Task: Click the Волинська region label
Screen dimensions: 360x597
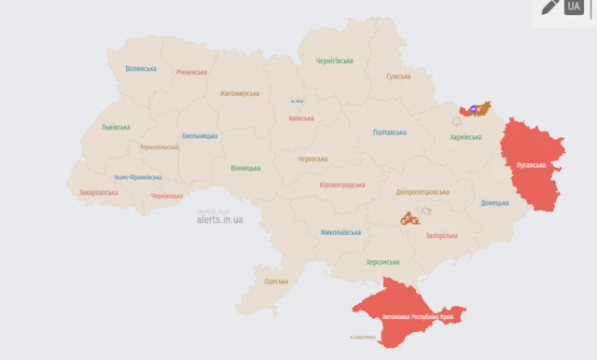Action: coord(141,68)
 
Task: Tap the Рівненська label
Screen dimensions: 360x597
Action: coord(191,72)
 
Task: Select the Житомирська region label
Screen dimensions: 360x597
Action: coord(241,93)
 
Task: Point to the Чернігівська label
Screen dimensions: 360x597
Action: coord(334,61)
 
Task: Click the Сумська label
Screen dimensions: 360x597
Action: coord(398,76)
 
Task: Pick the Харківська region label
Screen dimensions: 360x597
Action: coord(465,137)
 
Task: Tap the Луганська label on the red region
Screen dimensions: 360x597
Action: coord(537,166)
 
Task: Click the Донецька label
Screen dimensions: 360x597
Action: coord(494,202)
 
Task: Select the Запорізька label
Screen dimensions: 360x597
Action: coord(441,235)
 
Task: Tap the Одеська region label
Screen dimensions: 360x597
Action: coord(275,281)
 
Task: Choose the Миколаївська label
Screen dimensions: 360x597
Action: coord(340,231)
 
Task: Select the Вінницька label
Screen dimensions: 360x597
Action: coord(245,168)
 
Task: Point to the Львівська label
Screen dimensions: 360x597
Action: coord(116,127)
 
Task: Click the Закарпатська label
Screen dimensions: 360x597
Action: coord(99,192)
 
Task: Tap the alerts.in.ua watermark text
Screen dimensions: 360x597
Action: coord(220,219)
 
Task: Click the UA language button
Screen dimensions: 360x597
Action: coord(573,7)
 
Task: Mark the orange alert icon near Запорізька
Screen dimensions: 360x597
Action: coord(409,219)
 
